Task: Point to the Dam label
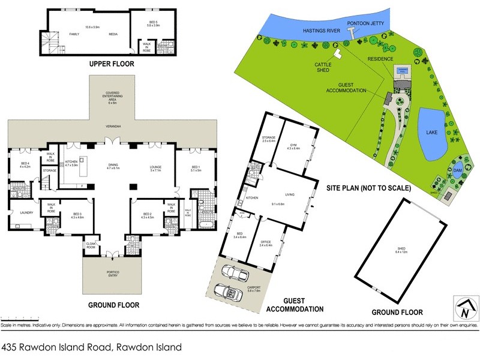click(458, 170)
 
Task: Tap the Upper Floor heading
click(111, 64)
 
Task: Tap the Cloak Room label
click(91, 246)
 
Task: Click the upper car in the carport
click(233, 273)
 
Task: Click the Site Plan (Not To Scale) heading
click(368, 187)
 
